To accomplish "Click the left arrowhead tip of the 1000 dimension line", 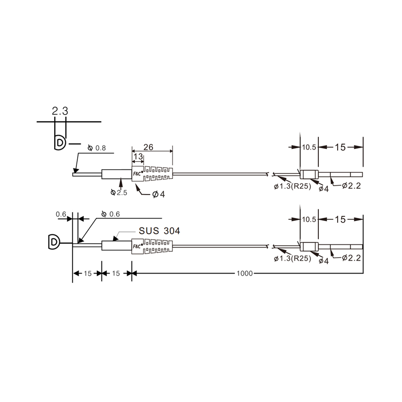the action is (x=132, y=273).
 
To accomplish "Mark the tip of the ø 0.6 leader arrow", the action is (x=78, y=242).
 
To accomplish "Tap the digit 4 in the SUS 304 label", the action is (x=176, y=231).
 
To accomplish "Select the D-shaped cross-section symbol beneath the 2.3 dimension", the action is (x=60, y=143).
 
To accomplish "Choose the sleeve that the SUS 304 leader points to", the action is (x=117, y=245).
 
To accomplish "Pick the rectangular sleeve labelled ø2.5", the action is (x=117, y=174).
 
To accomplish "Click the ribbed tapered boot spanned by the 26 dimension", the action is (x=152, y=174).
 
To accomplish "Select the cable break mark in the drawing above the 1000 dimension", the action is (x=270, y=247).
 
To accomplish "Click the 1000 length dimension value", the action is (x=244, y=273).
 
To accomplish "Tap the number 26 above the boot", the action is (x=148, y=147).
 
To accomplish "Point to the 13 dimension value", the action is (x=138, y=156).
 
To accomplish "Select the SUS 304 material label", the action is (x=159, y=231).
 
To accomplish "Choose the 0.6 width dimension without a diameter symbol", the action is (x=61, y=214).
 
